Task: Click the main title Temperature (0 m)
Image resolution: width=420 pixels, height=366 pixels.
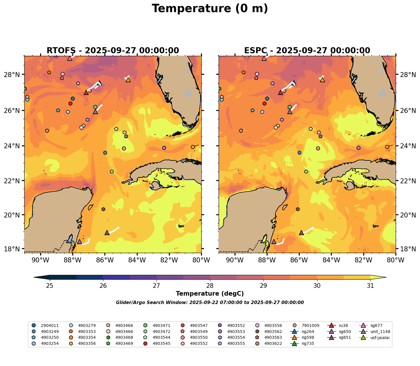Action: tap(210, 9)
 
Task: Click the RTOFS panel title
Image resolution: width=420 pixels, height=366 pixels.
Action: tap(113, 51)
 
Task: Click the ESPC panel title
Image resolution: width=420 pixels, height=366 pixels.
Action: tap(307, 51)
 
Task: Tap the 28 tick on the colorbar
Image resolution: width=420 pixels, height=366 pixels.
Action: tap(210, 286)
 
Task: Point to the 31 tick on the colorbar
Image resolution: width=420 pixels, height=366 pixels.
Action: tap(370, 286)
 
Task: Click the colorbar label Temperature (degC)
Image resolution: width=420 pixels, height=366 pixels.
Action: tap(210, 294)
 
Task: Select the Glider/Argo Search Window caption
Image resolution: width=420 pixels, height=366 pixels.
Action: tap(210, 303)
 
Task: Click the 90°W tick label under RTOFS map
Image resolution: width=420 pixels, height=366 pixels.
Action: tap(40, 260)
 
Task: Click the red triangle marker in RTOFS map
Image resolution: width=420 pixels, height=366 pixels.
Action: tap(86, 93)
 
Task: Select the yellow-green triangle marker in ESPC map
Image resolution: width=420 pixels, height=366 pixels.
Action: tap(323, 80)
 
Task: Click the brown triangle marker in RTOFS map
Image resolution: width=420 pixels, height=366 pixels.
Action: tap(107, 233)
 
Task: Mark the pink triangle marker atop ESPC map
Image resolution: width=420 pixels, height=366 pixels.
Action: tap(264, 58)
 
